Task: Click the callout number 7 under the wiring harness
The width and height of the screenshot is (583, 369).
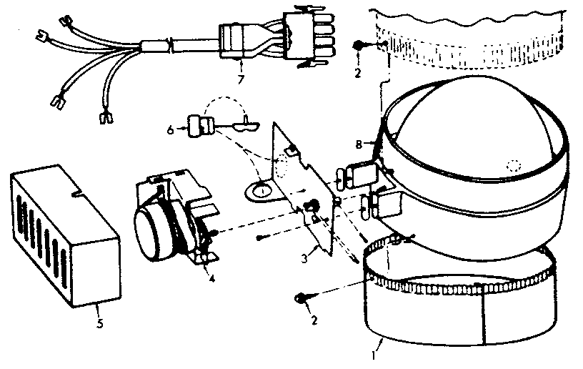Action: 240,78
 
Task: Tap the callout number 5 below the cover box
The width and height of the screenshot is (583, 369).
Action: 99,323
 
